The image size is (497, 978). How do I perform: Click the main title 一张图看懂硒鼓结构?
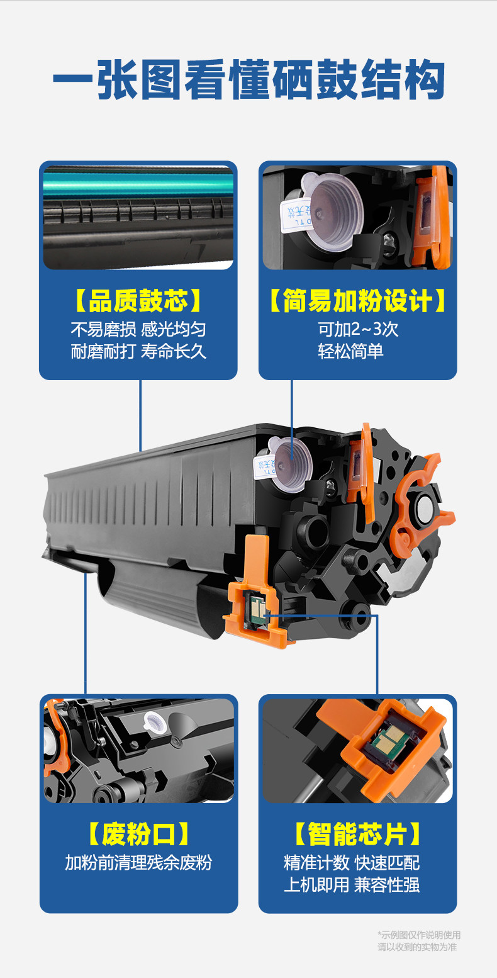click(248, 80)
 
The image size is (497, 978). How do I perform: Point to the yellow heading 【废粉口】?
click(138, 834)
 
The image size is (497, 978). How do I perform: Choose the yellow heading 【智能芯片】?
click(357, 834)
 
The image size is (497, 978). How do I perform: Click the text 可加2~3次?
click(358, 330)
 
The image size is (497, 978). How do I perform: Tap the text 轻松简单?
click(350, 351)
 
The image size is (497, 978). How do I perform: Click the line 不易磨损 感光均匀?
click(138, 330)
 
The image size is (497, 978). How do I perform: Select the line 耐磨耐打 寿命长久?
click(138, 351)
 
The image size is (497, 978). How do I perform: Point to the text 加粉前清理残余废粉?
click(138, 863)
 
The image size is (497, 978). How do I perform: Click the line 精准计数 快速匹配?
click(352, 863)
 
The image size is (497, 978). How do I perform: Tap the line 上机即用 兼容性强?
click(352, 885)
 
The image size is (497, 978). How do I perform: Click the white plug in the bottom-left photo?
click(155, 722)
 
